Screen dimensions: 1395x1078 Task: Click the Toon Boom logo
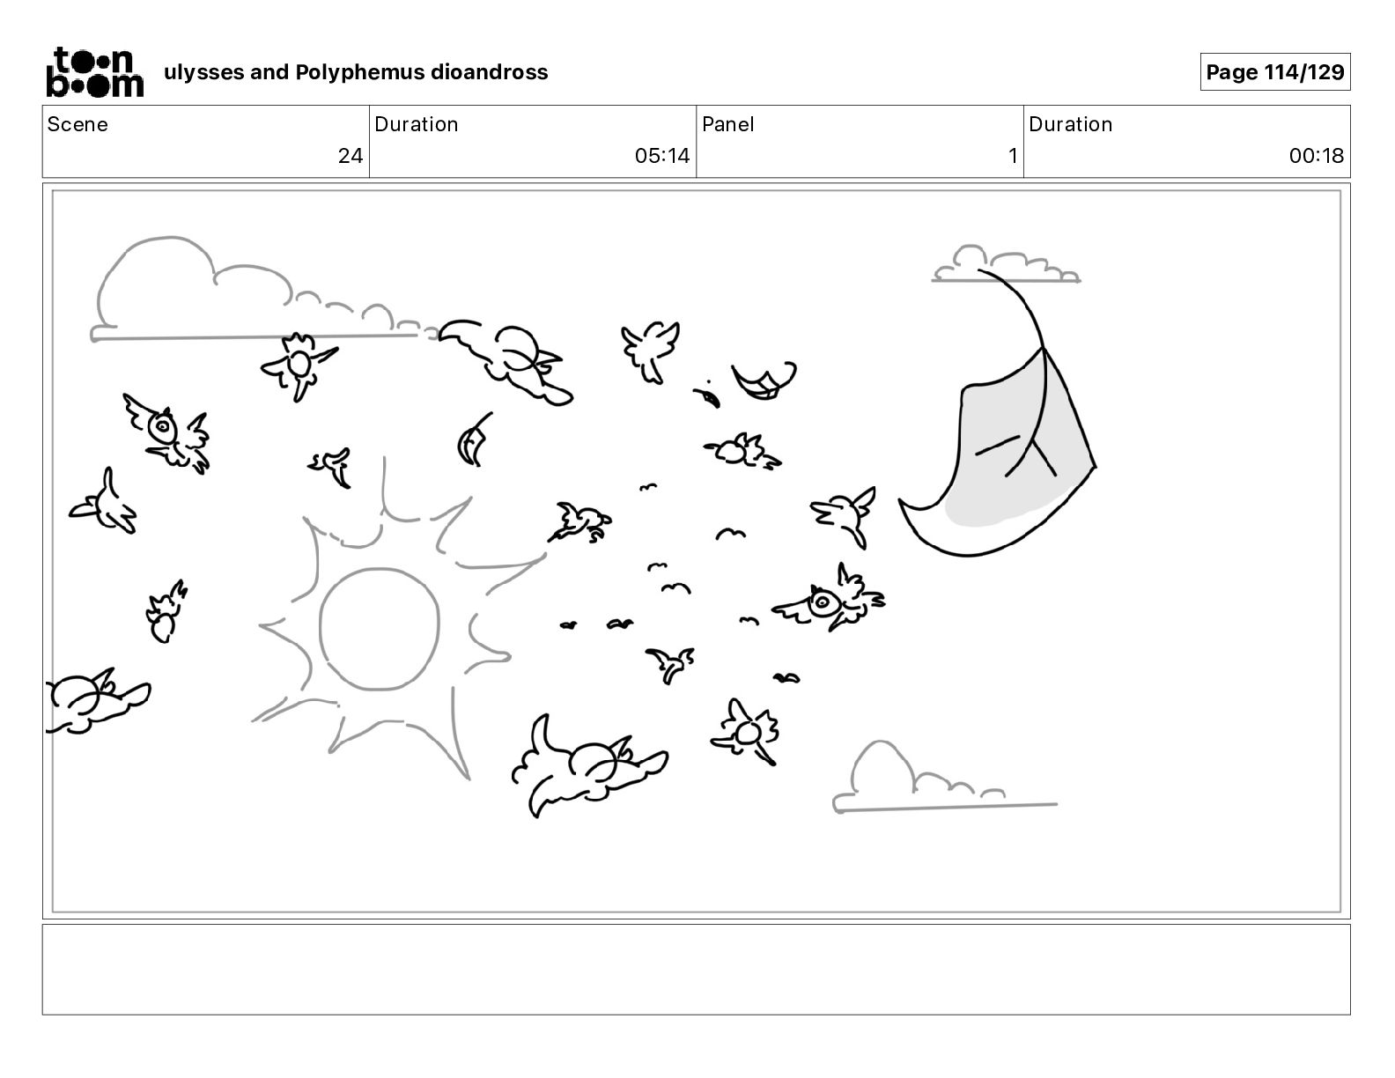(95, 72)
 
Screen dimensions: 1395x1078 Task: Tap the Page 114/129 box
(1274, 72)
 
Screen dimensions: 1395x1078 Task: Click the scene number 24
(350, 155)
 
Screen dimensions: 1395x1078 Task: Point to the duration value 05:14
(662, 155)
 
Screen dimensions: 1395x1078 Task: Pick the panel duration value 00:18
(1316, 155)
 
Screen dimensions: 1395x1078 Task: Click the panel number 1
(1013, 155)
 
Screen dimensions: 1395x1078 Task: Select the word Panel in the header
(727, 124)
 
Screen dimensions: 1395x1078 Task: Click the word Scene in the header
(77, 124)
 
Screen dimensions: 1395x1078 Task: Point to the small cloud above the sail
(1006, 264)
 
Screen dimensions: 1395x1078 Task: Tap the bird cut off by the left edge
(96, 701)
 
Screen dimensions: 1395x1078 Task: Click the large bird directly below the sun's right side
(588, 765)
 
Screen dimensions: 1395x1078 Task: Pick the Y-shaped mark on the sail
(1031, 453)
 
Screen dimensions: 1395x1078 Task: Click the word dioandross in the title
(489, 72)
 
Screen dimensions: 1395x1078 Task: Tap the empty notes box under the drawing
(697, 970)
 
